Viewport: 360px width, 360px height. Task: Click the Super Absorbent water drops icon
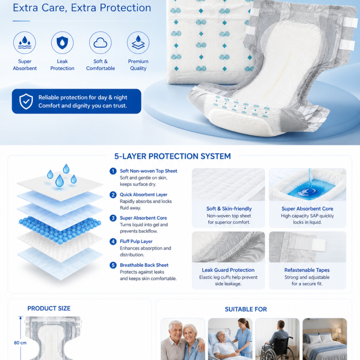point(25,43)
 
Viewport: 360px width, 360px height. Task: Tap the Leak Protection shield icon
point(62,43)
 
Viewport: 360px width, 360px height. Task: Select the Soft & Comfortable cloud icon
point(100,43)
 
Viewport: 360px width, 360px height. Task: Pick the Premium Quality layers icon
point(138,43)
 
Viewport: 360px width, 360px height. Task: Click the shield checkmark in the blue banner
point(26,101)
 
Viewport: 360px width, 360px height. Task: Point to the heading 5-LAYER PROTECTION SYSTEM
point(172,156)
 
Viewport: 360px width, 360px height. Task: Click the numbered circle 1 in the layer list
point(113,171)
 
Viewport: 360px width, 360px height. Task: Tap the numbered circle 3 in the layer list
point(113,218)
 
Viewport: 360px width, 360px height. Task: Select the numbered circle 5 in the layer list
point(113,265)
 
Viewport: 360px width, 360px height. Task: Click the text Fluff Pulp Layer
point(136,242)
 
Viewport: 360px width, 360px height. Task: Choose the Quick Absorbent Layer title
point(144,195)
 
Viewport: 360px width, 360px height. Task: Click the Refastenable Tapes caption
point(307,270)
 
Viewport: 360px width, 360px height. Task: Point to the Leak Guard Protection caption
point(228,270)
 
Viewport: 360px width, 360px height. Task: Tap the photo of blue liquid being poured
point(307,184)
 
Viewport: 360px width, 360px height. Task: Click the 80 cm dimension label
point(20,343)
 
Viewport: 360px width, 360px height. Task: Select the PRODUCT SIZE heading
point(49,308)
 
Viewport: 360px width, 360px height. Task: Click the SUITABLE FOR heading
point(246,309)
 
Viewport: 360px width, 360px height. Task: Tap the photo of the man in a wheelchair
point(277,339)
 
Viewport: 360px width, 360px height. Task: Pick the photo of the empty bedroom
point(324,339)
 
